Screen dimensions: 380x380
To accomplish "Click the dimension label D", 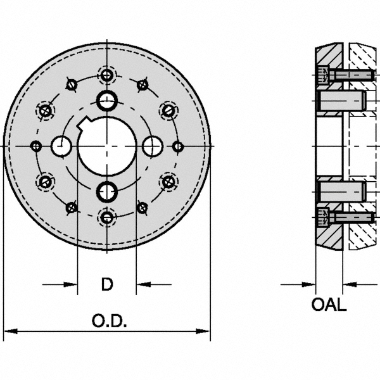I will (108, 284).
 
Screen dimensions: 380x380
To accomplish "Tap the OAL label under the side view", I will (329, 305).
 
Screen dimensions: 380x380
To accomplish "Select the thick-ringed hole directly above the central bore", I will (107, 99).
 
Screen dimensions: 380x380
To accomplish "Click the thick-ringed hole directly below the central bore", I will (107, 191).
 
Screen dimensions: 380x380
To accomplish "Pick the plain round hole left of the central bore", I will (62, 146).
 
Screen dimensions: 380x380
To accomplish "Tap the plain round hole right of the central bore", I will (152, 146).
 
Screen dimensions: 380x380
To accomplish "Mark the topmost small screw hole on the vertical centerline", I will (107, 75).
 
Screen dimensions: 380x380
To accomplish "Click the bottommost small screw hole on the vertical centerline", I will (107, 218).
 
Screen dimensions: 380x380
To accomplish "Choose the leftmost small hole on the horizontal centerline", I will (36, 146).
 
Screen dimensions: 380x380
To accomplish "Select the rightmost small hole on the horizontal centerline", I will (178, 146).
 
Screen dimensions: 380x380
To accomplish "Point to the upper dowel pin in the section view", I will (339, 99).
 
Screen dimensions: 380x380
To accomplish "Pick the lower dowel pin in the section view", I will (339, 191).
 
